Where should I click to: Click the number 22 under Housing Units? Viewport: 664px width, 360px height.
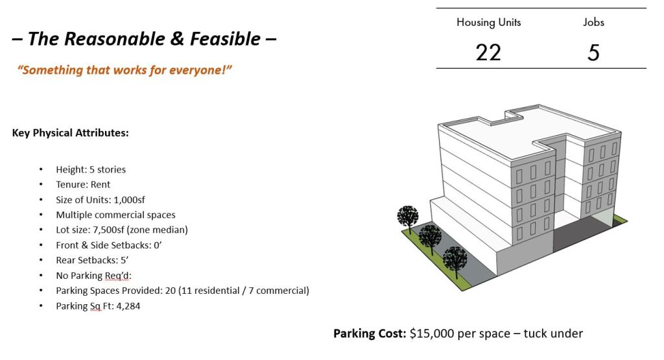coord(488,53)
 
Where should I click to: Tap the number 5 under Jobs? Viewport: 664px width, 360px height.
coord(593,53)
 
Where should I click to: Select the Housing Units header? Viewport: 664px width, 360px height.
coord(489,22)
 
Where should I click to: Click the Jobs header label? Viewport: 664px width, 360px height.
coord(593,22)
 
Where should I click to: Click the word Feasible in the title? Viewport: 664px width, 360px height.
coord(225,39)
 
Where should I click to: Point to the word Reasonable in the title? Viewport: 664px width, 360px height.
coord(114,39)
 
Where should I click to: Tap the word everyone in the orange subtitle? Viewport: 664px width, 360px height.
coord(198,70)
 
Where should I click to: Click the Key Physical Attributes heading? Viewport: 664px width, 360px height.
coord(70,133)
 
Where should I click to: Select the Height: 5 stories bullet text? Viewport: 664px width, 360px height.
coord(91,169)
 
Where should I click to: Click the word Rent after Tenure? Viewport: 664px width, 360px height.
coord(101,185)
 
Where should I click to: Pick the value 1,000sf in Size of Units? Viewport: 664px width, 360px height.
coord(129,200)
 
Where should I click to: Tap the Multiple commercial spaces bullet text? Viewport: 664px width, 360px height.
coord(115,215)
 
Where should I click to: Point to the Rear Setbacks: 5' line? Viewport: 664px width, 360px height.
coord(92,260)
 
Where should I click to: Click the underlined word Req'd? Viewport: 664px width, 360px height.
coord(118,276)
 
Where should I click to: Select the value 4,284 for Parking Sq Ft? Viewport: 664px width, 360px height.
coord(128,306)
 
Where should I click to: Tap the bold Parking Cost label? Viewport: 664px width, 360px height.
coord(370,334)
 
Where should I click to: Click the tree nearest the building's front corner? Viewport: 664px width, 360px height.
coord(455,261)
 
